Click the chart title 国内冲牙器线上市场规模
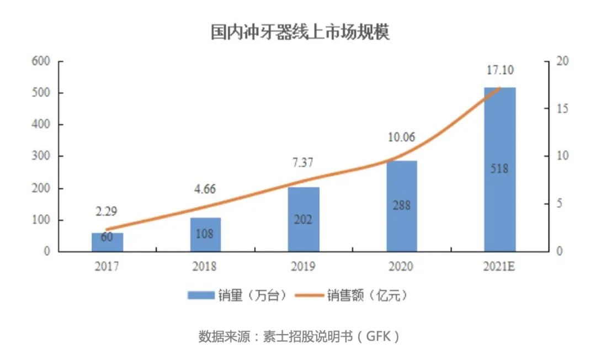[300, 32]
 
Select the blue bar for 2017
[107, 242]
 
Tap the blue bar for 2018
[205, 235]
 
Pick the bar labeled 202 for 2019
[304, 219]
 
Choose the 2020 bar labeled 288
[402, 206]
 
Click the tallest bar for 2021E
[500, 169]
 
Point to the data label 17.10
[500, 71]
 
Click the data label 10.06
[401, 137]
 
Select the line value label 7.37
[303, 164]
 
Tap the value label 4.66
[205, 189]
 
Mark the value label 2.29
[107, 211]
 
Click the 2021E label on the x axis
[500, 267]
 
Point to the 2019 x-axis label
[304, 267]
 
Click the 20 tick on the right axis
[562, 61]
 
